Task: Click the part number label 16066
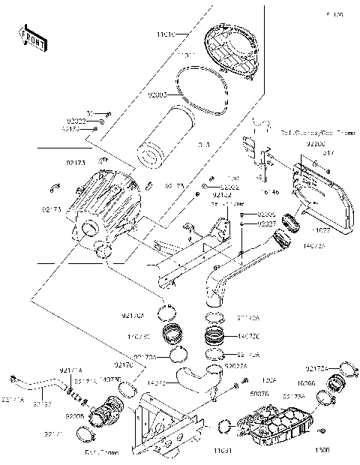pyautogui.click(x=316, y=382)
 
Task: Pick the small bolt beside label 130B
pyautogui.click(x=321, y=430)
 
